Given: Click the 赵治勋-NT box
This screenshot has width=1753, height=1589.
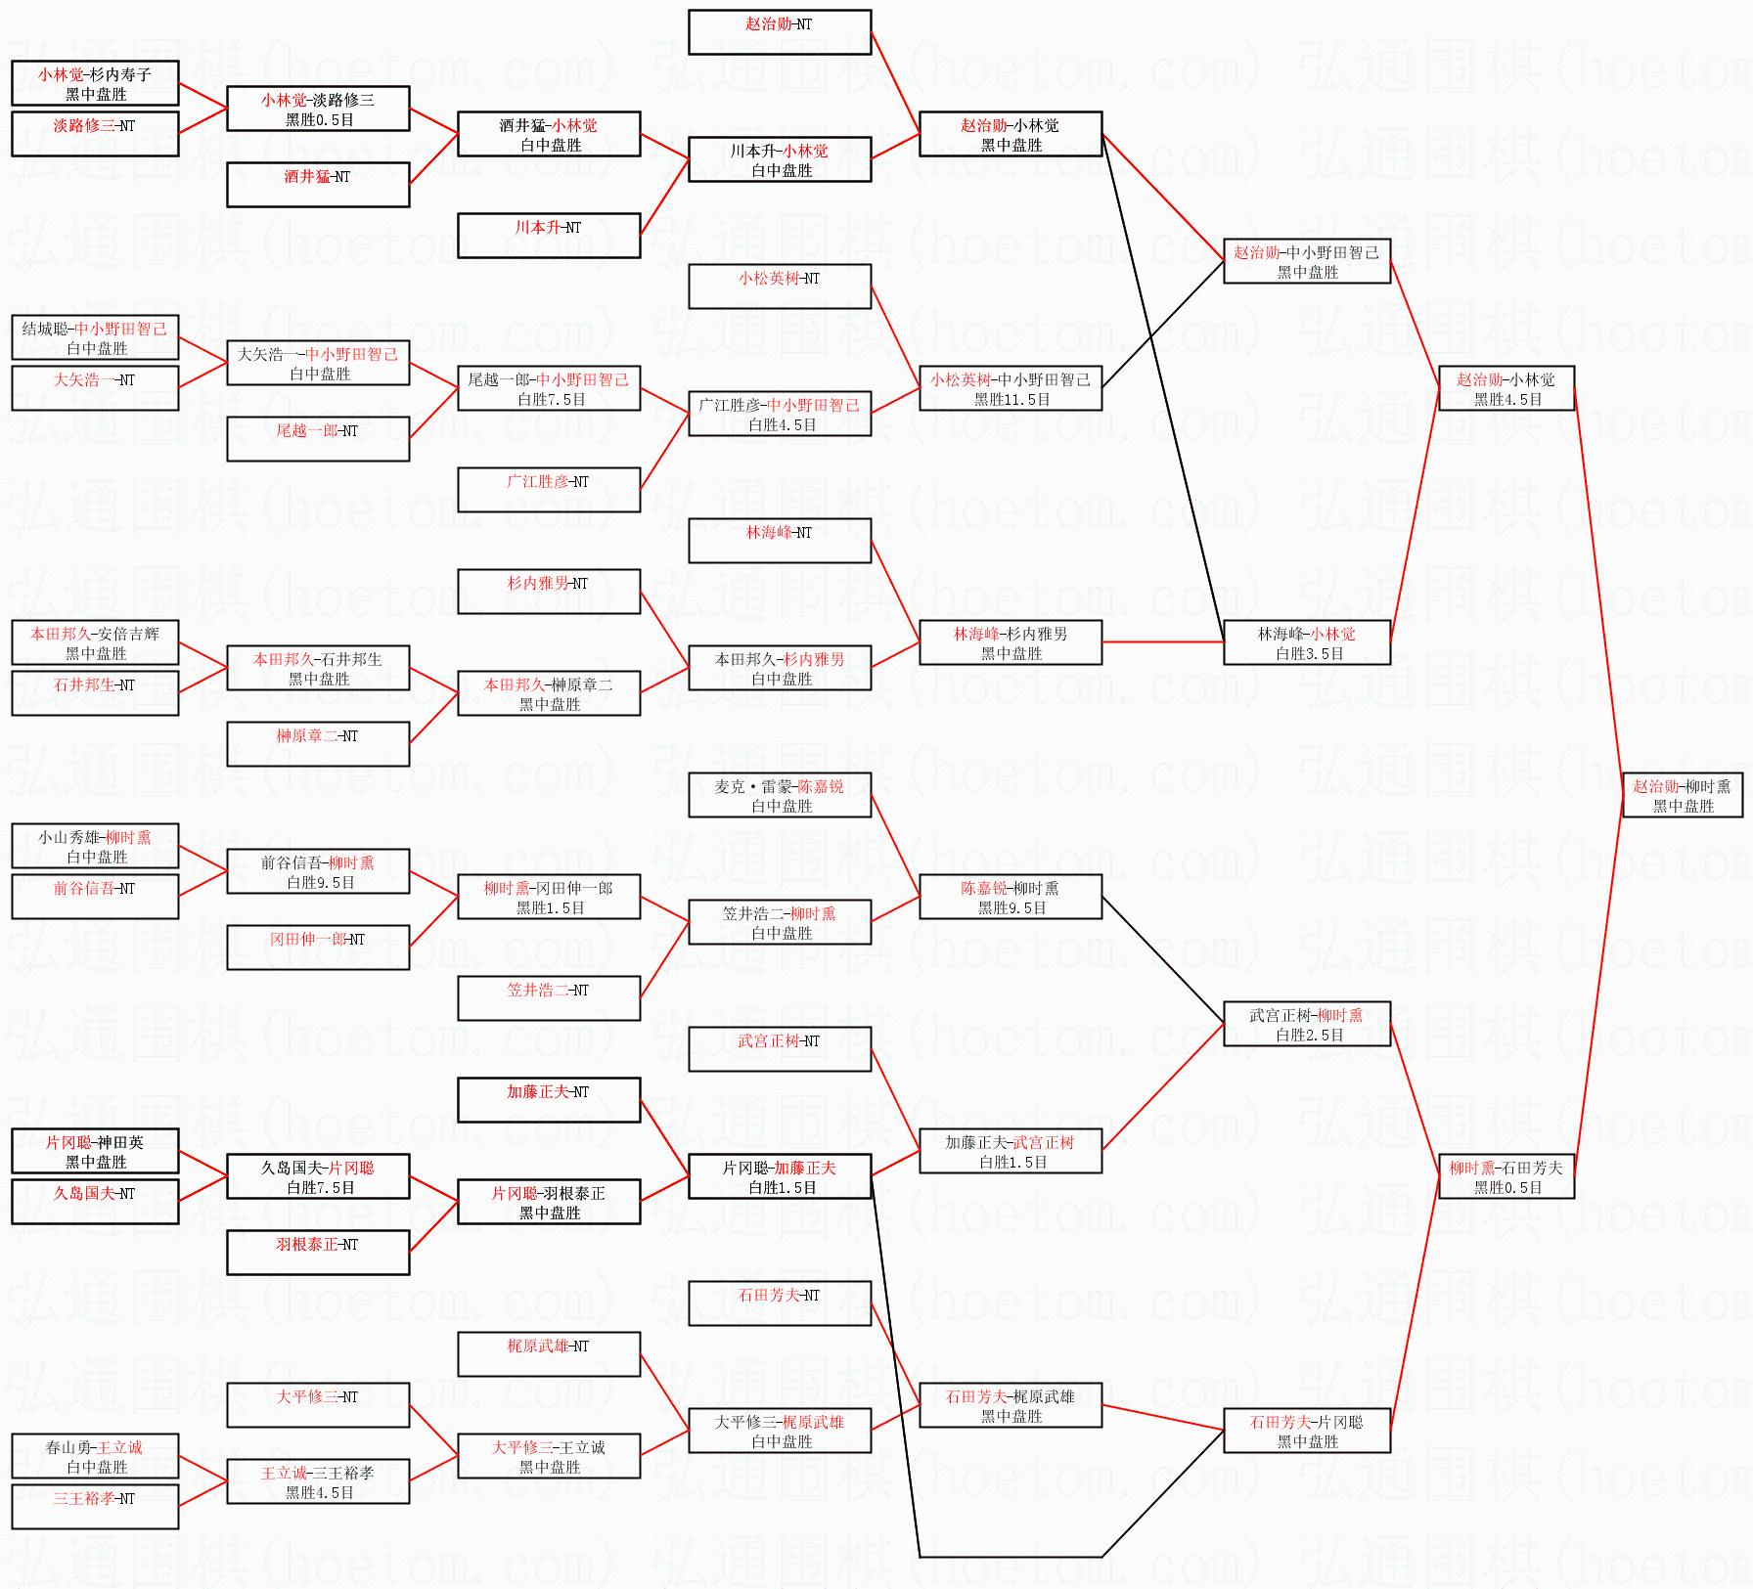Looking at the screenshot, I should [x=779, y=32].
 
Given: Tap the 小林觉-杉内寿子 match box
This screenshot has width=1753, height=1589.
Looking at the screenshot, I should [x=95, y=83].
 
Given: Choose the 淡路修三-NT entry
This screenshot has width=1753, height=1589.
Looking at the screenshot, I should [x=95, y=134].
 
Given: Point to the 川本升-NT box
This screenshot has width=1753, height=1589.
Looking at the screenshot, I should [x=549, y=236].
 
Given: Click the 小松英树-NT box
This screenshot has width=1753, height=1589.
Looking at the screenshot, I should [x=779, y=287].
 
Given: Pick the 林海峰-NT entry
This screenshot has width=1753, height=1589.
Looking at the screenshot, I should [x=779, y=541].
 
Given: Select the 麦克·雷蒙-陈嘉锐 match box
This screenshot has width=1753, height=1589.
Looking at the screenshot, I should [x=779, y=795].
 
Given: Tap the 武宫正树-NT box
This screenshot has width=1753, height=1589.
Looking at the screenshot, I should [x=779, y=1049].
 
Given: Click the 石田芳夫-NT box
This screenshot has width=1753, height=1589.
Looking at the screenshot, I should [x=779, y=1303].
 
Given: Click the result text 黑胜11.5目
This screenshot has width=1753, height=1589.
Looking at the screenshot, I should [x=1011, y=400].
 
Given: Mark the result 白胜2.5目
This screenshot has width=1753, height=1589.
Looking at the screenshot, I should [x=1309, y=1036].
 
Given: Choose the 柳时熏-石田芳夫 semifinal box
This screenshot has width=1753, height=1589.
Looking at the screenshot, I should [x=1506, y=1176].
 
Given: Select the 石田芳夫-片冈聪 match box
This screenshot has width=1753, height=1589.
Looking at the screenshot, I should [x=1307, y=1431].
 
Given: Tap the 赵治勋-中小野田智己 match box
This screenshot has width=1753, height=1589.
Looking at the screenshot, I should [x=1307, y=261].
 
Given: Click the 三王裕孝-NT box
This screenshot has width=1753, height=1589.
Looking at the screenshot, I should [x=95, y=1507].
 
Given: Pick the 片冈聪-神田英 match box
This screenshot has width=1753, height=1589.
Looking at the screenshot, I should [x=95, y=1151].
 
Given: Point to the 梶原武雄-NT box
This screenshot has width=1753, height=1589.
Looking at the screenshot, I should [x=549, y=1354].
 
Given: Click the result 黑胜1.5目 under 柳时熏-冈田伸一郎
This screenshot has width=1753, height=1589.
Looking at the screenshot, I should [x=550, y=908].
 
